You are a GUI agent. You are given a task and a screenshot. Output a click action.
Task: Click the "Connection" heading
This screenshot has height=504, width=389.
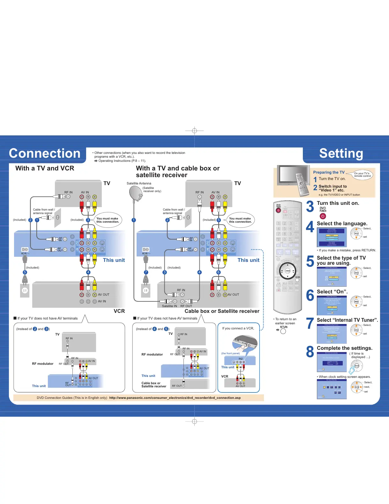click(45, 154)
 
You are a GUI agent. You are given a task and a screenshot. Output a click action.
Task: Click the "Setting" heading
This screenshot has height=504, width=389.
click(341, 154)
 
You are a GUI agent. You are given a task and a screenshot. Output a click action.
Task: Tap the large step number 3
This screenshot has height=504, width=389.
click(310, 206)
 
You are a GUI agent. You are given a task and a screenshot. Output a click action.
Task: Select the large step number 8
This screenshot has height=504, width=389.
click(310, 352)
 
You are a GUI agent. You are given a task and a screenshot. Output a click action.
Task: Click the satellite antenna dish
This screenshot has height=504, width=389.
click(135, 193)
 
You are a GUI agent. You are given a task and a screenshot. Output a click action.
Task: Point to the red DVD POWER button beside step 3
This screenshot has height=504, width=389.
click(323, 216)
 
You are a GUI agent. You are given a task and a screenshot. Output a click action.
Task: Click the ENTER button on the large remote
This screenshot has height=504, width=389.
click(288, 271)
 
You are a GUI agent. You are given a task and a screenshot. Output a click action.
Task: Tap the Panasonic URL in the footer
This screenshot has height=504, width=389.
click(175, 398)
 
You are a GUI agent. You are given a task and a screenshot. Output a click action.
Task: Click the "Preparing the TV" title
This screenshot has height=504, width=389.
click(329, 172)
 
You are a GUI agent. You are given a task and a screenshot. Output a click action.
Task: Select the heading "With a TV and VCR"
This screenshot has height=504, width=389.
click(45, 168)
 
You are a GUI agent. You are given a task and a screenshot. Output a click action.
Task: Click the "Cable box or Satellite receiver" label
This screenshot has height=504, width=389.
click(222, 311)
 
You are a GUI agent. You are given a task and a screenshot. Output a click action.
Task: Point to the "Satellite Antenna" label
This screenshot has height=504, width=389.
click(139, 183)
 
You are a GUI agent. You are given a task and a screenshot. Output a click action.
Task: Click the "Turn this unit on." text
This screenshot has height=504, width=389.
click(338, 203)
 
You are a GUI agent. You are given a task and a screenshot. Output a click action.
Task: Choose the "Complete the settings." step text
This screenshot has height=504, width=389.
click(345, 348)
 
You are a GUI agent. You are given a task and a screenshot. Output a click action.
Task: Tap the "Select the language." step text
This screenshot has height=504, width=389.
click(342, 223)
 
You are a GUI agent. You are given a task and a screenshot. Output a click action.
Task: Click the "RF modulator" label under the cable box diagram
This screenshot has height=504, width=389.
click(152, 354)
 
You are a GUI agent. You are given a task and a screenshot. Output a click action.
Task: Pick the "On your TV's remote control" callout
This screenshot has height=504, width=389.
click(363, 175)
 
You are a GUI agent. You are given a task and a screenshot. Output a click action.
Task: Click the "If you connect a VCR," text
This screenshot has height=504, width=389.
click(238, 328)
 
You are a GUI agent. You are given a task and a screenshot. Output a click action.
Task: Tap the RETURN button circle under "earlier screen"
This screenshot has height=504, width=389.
click(283, 331)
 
